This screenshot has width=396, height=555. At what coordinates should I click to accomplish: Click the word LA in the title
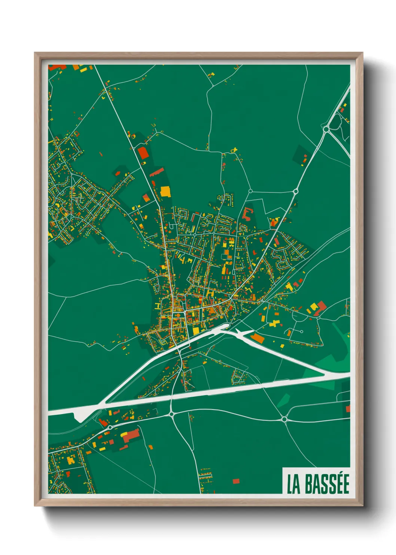[x=293, y=484]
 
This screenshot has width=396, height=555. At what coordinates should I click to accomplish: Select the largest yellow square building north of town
[x=165, y=192]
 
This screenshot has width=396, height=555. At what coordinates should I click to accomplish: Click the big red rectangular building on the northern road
[x=143, y=153]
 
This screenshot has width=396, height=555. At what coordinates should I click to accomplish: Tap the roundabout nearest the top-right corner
[x=326, y=129]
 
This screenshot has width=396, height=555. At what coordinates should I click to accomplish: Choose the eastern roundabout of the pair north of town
[x=295, y=192]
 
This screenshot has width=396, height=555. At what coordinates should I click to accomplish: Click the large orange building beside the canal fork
[x=258, y=338]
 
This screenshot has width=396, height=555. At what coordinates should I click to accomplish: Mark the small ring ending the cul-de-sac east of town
[x=301, y=331]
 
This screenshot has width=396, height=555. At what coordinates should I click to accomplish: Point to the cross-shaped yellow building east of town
[x=275, y=323]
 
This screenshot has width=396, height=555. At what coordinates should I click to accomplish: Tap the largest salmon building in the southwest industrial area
[x=131, y=436]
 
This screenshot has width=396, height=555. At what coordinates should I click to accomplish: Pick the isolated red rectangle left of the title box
[x=236, y=481]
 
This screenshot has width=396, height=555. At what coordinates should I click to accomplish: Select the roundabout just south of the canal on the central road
[x=171, y=414]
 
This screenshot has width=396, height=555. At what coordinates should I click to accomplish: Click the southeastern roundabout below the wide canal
[x=284, y=419]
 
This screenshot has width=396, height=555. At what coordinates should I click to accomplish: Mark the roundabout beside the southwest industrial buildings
[x=110, y=427]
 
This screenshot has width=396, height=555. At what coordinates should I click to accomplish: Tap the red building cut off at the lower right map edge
[x=348, y=408]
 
